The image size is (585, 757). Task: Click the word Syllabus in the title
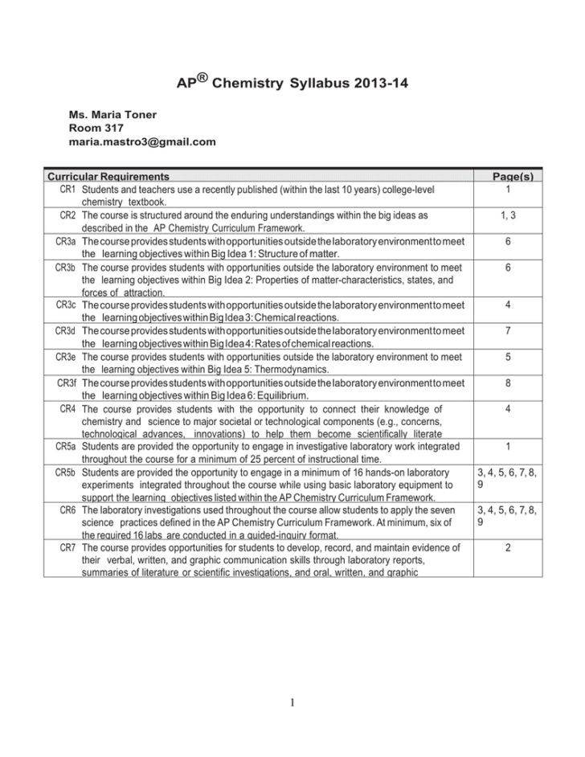tap(305, 83)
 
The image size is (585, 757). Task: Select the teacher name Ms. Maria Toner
tap(113, 115)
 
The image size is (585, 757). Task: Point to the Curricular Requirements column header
tap(108, 176)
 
